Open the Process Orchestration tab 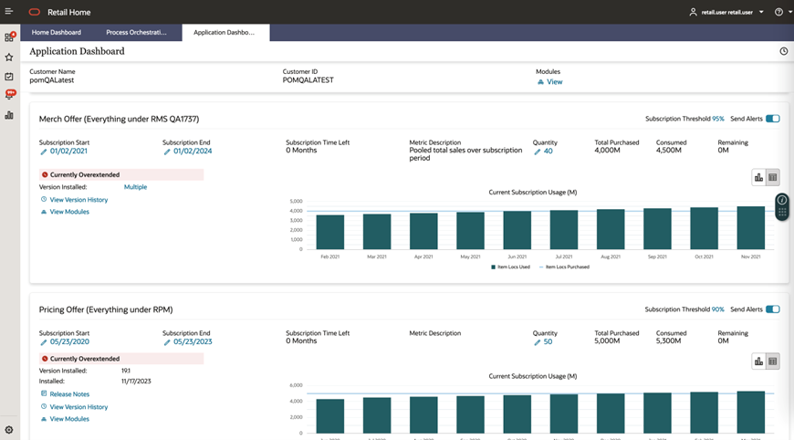click(136, 32)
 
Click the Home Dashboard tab click(57, 32)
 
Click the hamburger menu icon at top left click(9, 12)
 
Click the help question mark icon click(778, 13)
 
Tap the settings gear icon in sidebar click(9, 430)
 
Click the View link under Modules click(554, 82)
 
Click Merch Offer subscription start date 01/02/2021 click(68, 152)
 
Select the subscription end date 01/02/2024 click(192, 152)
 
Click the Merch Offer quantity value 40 click(548, 152)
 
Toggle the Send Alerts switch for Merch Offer click(773, 119)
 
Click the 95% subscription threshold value click(718, 119)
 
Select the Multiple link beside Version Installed click(135, 187)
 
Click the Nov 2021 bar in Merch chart click(751, 227)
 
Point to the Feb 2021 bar click(329, 232)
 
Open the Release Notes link click(69, 394)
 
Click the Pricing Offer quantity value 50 click(548, 342)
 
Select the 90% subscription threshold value click(718, 309)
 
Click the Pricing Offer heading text click(106, 309)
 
